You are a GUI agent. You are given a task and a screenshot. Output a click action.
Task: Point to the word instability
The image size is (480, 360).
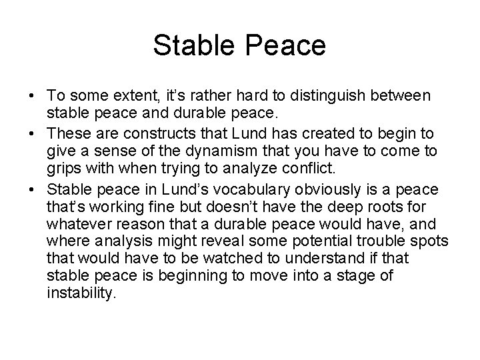point(81,292)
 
